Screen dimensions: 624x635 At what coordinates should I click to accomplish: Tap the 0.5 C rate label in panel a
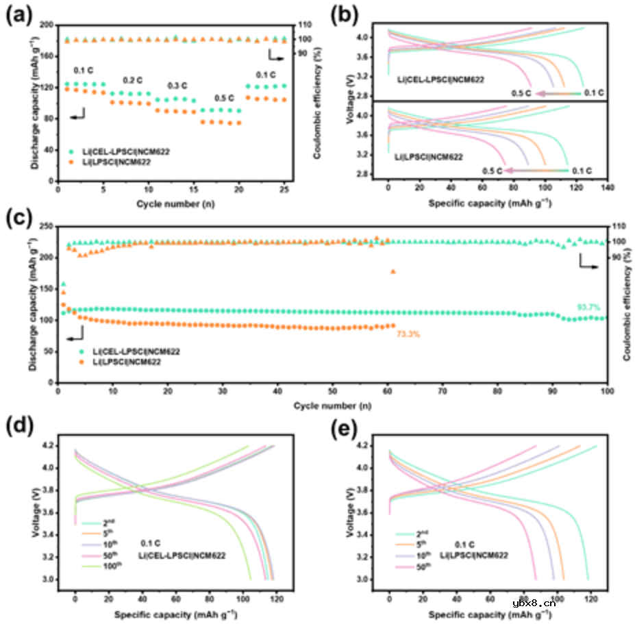tap(225, 98)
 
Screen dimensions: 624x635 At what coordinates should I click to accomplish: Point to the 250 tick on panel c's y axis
tap(46, 226)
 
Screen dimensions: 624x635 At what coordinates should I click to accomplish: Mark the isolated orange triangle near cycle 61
tap(393, 271)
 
